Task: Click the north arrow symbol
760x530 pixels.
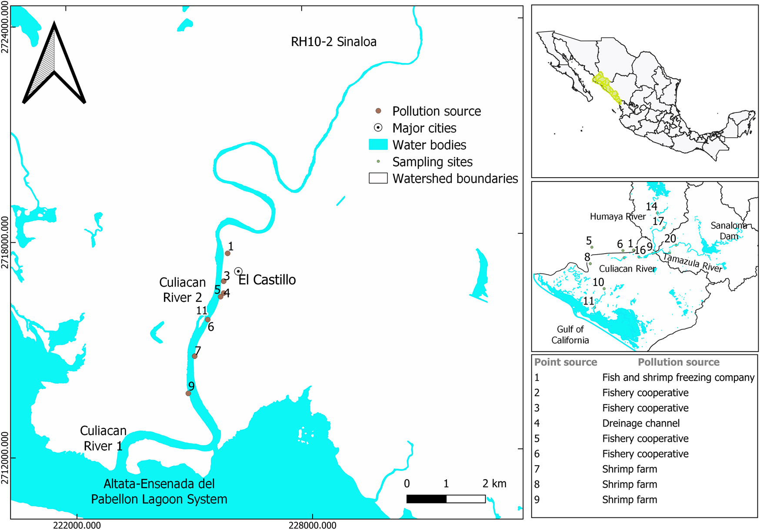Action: (x=54, y=65)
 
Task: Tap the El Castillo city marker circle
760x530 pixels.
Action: (x=238, y=271)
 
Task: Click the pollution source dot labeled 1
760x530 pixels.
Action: (x=227, y=253)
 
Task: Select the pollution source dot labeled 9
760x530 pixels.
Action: (x=188, y=394)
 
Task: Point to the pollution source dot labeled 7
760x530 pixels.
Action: (x=195, y=356)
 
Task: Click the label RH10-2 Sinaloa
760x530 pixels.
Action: (x=333, y=42)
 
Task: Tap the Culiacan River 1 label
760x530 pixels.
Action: (x=103, y=438)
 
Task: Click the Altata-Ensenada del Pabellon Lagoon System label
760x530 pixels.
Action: (x=159, y=491)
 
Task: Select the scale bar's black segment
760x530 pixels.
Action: (x=426, y=499)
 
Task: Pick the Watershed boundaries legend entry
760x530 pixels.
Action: (x=455, y=179)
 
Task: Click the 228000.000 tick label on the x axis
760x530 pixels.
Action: (x=313, y=525)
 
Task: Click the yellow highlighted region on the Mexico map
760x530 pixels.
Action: (x=606, y=87)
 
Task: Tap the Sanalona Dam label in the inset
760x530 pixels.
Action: (x=729, y=231)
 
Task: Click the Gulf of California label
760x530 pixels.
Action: (x=570, y=335)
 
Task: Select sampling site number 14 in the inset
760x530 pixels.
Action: (x=657, y=213)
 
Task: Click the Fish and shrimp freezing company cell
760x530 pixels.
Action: (x=678, y=378)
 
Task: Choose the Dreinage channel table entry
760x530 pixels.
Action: (x=640, y=423)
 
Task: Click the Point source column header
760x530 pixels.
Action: (x=565, y=362)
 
